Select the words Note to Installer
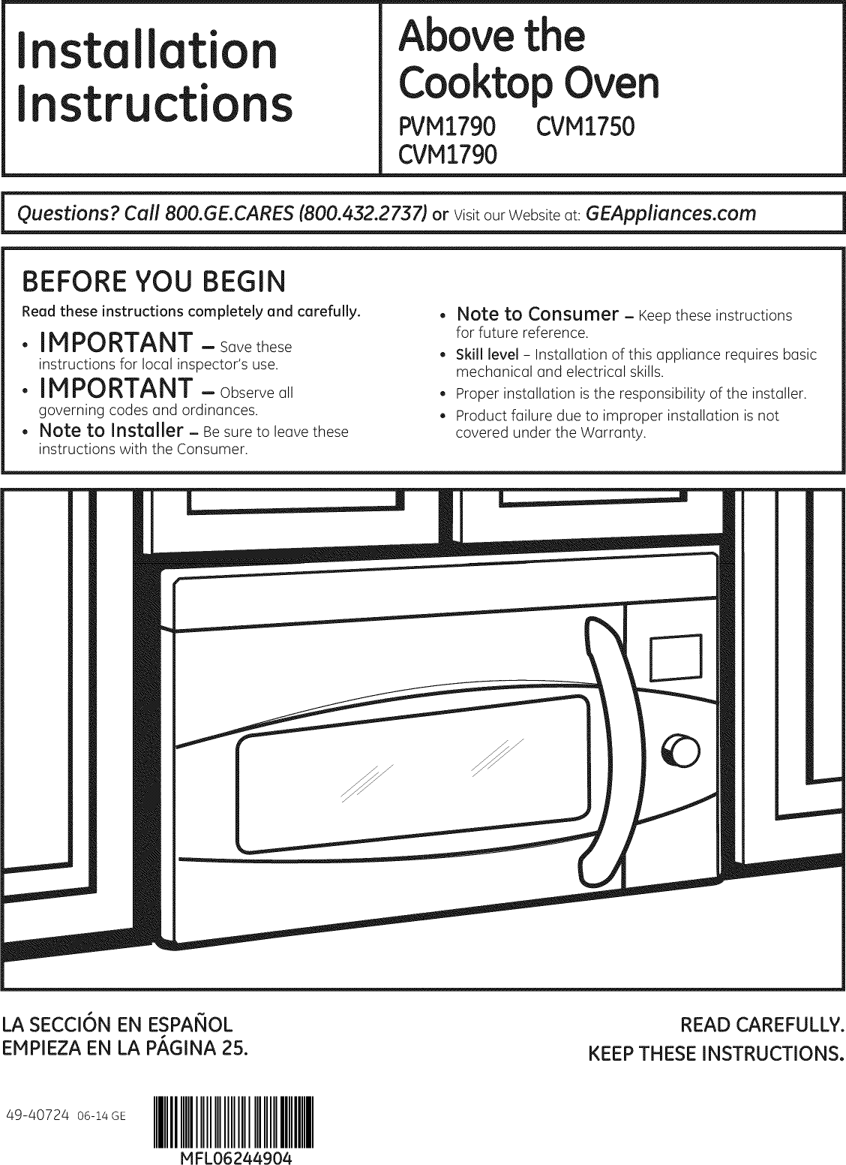[x=111, y=431]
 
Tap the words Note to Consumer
[x=537, y=314]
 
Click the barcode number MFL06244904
[x=234, y=1156]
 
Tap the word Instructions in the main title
[x=154, y=104]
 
